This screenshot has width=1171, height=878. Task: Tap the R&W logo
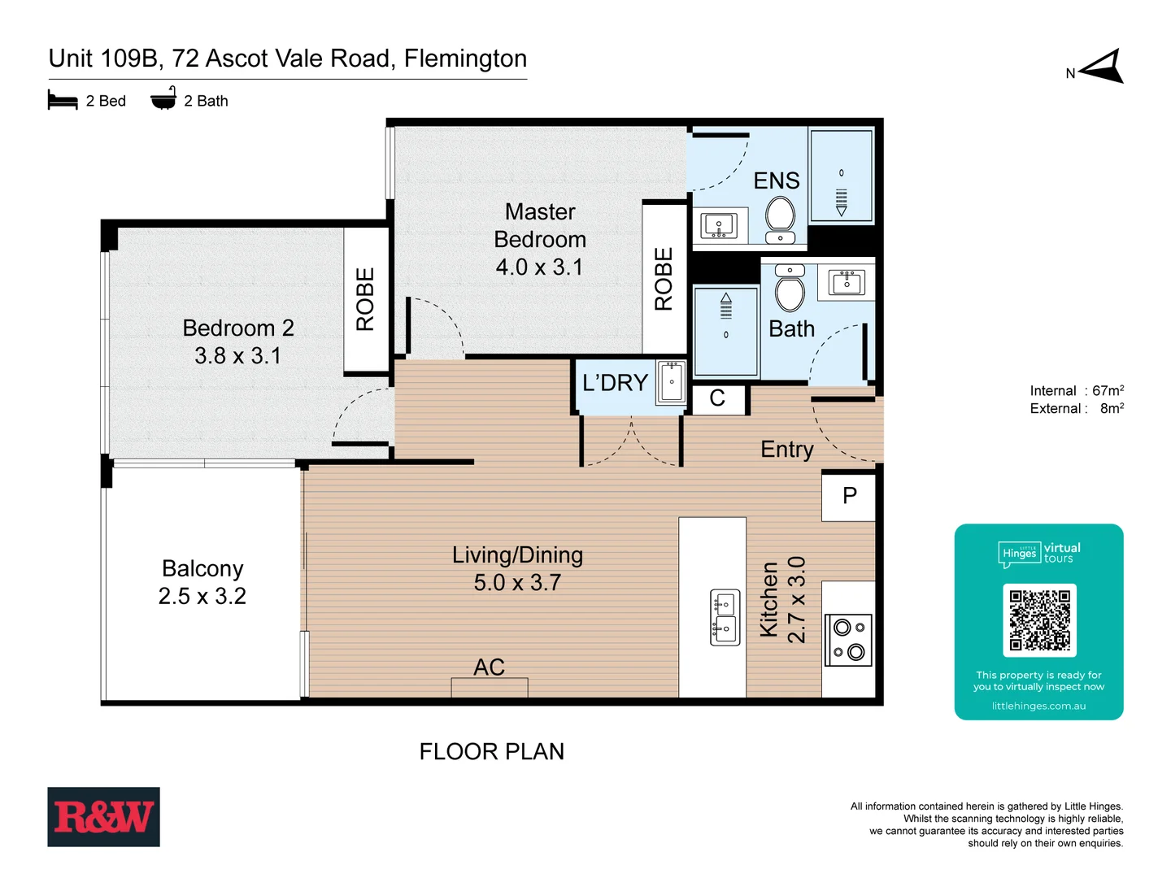(x=103, y=816)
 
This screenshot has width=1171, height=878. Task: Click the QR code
(x=1039, y=619)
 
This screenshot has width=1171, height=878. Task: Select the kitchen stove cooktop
(x=848, y=640)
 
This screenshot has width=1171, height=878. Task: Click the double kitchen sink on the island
(x=725, y=617)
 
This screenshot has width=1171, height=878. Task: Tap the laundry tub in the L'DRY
(x=672, y=381)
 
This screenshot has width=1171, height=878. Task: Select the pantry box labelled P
(x=849, y=496)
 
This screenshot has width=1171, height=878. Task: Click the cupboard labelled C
(x=717, y=398)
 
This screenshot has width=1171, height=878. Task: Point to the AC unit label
(x=490, y=667)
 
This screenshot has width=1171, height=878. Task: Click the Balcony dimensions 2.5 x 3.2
(x=202, y=596)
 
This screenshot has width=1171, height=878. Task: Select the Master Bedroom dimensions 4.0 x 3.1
(x=540, y=267)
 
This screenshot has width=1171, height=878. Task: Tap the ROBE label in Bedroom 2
(x=366, y=299)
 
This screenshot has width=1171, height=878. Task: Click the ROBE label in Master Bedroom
(x=664, y=279)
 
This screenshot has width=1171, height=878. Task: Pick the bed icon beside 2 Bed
(x=63, y=101)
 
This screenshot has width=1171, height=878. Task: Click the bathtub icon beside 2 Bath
(x=163, y=99)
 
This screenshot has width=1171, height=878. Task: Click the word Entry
(x=786, y=450)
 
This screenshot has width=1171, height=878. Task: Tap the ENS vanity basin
(x=719, y=225)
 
